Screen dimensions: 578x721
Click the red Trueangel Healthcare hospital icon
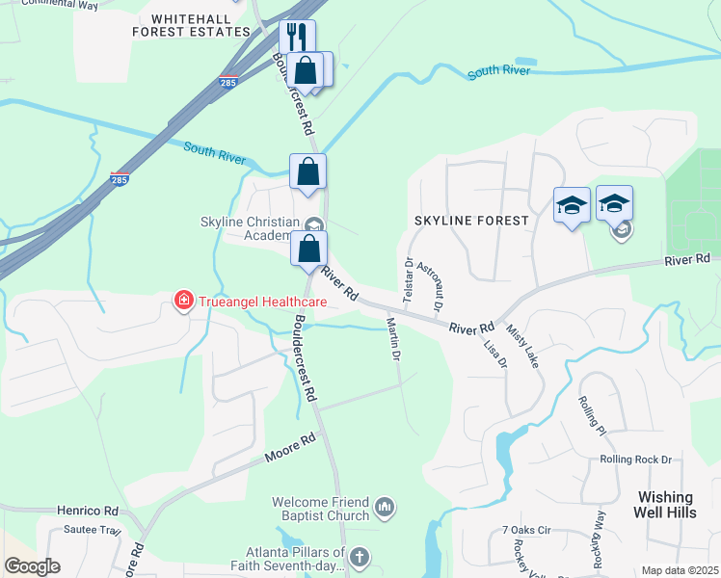[182, 302]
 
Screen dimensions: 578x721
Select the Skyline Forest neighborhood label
[471, 221]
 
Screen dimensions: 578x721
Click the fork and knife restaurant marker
[297, 38]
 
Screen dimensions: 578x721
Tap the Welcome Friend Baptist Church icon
[385, 506]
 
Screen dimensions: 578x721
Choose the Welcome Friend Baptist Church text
[321, 509]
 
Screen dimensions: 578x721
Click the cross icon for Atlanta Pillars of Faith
[360, 556]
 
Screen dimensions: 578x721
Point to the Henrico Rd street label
[85, 511]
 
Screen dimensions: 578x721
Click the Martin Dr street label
[393, 339]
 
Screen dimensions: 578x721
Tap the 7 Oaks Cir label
[525, 530]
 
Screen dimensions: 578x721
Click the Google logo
[32, 566]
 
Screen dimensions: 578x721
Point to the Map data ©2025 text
[680, 570]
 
